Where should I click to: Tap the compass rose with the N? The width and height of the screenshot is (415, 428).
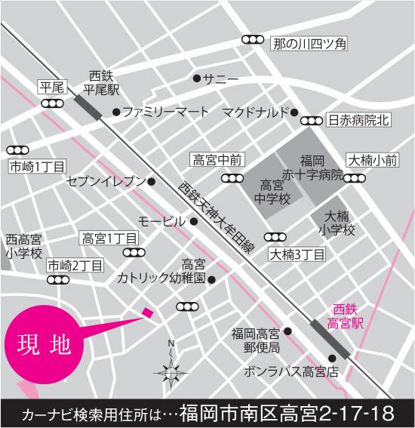tap(171, 371)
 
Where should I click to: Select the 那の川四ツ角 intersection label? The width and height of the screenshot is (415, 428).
tap(308, 45)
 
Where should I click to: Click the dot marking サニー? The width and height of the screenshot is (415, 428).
tap(197, 78)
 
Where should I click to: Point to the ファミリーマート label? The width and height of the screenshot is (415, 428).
tap(165, 112)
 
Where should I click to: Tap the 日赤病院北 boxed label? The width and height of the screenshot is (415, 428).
tap(358, 120)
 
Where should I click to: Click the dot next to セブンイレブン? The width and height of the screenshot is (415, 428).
tap(152, 181)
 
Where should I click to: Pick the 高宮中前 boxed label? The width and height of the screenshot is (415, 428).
tap(217, 159)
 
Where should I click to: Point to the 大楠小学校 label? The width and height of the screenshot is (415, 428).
tap(337, 223)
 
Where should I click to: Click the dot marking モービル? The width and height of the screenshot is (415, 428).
tap(194, 221)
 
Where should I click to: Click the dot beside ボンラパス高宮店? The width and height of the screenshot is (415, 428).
tap(331, 358)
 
